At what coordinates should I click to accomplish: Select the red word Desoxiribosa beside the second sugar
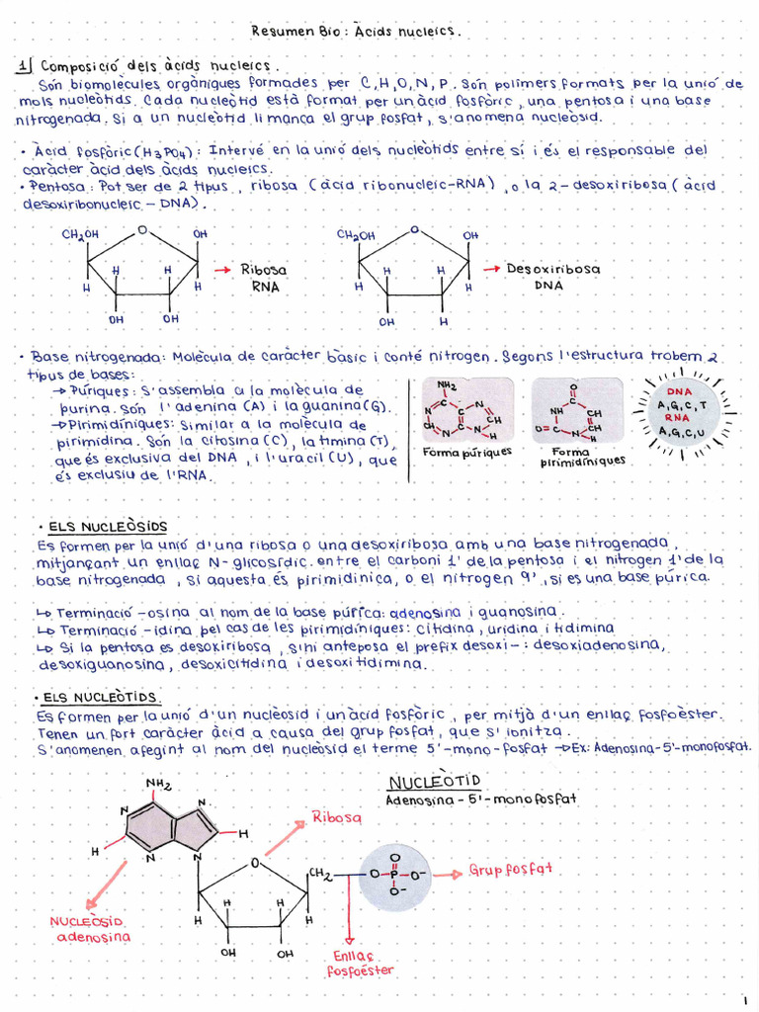tap(552, 268)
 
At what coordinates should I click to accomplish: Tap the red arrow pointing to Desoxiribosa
tap(490, 268)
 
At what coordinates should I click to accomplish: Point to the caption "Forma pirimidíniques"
tap(576, 456)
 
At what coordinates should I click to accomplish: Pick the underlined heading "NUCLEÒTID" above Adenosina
tap(434, 782)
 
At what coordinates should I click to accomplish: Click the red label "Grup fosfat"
tap(510, 870)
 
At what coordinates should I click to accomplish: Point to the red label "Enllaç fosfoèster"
tap(353, 963)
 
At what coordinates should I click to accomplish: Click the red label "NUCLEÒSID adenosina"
tap(90, 928)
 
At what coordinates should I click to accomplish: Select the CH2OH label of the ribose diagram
tap(81, 234)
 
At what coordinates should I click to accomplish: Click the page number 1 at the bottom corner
tap(745, 1000)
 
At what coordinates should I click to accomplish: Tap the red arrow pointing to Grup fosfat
tap(450, 875)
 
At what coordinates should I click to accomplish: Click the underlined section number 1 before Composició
tap(25, 67)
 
